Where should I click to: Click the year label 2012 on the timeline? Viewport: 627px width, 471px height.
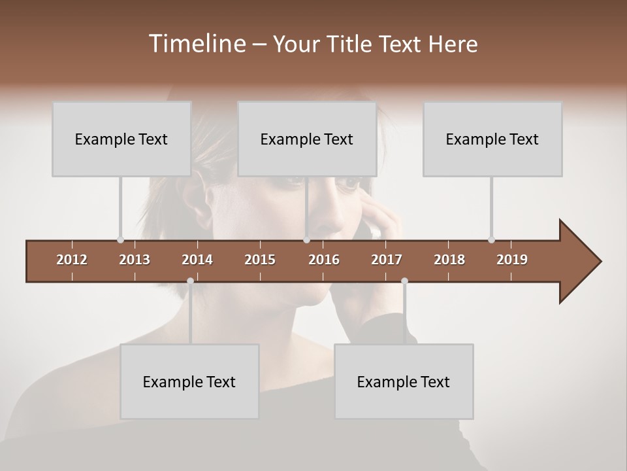(72, 260)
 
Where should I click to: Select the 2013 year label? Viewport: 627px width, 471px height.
(135, 260)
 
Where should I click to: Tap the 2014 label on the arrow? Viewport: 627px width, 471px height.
(197, 260)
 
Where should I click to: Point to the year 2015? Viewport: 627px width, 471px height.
(260, 260)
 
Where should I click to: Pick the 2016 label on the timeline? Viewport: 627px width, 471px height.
(324, 260)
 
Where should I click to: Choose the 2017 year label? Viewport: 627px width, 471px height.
(387, 260)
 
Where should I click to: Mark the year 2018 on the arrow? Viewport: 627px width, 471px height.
(449, 260)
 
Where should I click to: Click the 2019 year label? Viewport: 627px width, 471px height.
(512, 260)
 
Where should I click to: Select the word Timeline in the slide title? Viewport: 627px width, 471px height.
(196, 44)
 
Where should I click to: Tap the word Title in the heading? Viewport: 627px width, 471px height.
(351, 44)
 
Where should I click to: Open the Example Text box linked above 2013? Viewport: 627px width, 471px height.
(121, 139)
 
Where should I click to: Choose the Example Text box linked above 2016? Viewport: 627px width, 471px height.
(306, 139)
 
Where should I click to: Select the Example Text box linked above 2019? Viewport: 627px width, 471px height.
(492, 139)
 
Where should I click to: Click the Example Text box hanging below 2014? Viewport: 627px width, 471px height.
(189, 381)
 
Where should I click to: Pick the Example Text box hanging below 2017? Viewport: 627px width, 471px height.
(404, 381)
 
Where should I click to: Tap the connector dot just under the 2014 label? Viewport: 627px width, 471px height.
(190, 281)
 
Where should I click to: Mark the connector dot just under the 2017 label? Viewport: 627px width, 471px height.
(404, 281)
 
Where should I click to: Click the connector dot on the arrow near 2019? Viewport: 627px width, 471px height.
(491, 239)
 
